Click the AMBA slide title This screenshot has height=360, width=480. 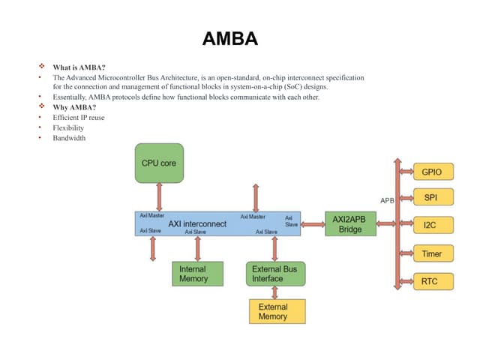(x=230, y=38)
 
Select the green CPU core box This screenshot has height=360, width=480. (x=159, y=163)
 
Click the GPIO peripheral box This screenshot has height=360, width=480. (x=432, y=172)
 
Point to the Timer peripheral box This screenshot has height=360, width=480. (x=432, y=253)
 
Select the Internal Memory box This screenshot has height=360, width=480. (x=193, y=274)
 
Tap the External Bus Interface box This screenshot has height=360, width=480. (x=275, y=274)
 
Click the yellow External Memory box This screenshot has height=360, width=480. (x=277, y=311)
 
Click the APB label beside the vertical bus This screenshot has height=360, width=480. (x=387, y=201)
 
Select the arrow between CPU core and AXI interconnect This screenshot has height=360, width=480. (x=159, y=197)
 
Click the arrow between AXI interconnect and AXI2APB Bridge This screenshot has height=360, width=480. (x=313, y=223)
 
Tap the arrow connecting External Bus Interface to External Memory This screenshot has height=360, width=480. (x=277, y=292)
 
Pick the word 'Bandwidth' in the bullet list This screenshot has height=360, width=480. (x=69, y=138)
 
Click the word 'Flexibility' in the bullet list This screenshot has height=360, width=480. (x=68, y=128)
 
